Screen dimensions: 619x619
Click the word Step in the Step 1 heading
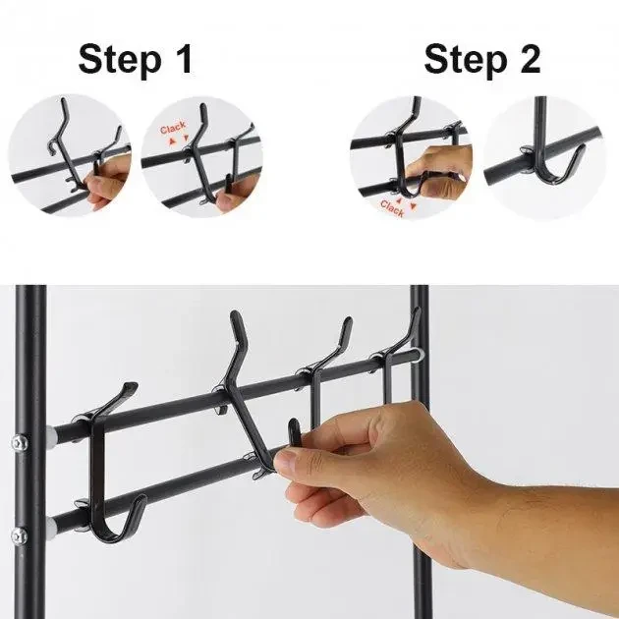(x=120, y=60)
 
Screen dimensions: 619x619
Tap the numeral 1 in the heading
(x=184, y=58)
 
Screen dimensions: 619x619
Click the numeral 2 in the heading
(x=530, y=58)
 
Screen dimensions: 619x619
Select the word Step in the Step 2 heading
(x=466, y=60)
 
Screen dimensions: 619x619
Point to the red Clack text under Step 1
(x=173, y=129)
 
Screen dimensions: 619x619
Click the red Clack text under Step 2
(x=392, y=207)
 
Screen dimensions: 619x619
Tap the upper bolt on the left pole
(x=20, y=443)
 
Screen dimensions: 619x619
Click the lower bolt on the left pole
(x=20, y=536)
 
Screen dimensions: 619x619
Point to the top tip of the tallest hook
(x=234, y=314)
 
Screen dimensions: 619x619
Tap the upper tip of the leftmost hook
(x=132, y=385)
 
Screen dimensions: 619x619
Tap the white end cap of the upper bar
(x=52, y=435)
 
